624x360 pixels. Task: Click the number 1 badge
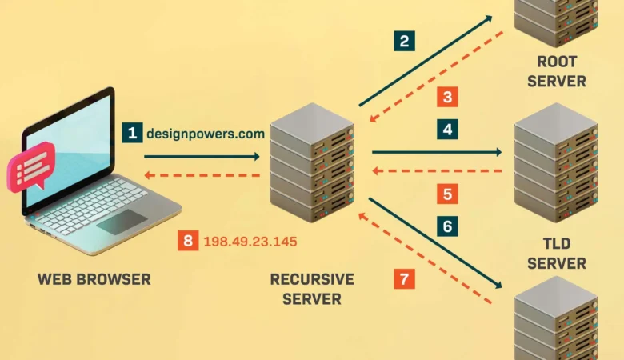[x=132, y=133]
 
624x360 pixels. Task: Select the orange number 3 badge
[x=447, y=98]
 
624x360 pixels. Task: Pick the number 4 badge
[x=447, y=128]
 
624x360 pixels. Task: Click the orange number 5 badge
[x=447, y=194]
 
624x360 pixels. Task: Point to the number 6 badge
[x=447, y=226]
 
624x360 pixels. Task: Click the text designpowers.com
[x=205, y=134]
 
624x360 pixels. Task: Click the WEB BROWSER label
[x=94, y=279]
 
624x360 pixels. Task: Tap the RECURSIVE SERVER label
[x=312, y=290]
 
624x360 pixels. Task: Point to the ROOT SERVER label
[x=556, y=71]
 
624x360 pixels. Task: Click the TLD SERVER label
[x=556, y=253]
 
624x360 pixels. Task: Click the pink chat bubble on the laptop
[x=30, y=166]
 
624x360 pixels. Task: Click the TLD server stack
[x=556, y=165]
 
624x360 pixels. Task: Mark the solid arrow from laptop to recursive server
[x=203, y=156]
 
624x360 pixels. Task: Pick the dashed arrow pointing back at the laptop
[x=203, y=174]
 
